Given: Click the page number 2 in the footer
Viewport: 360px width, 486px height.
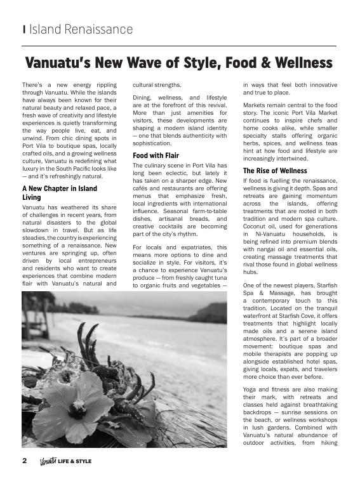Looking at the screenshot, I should click(x=25, y=461).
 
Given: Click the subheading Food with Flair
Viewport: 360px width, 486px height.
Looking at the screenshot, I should click(x=156, y=155).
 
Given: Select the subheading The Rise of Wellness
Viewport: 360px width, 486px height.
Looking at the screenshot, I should click(x=275, y=171).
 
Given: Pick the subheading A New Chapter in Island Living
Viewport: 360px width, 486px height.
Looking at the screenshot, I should click(x=60, y=193).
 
